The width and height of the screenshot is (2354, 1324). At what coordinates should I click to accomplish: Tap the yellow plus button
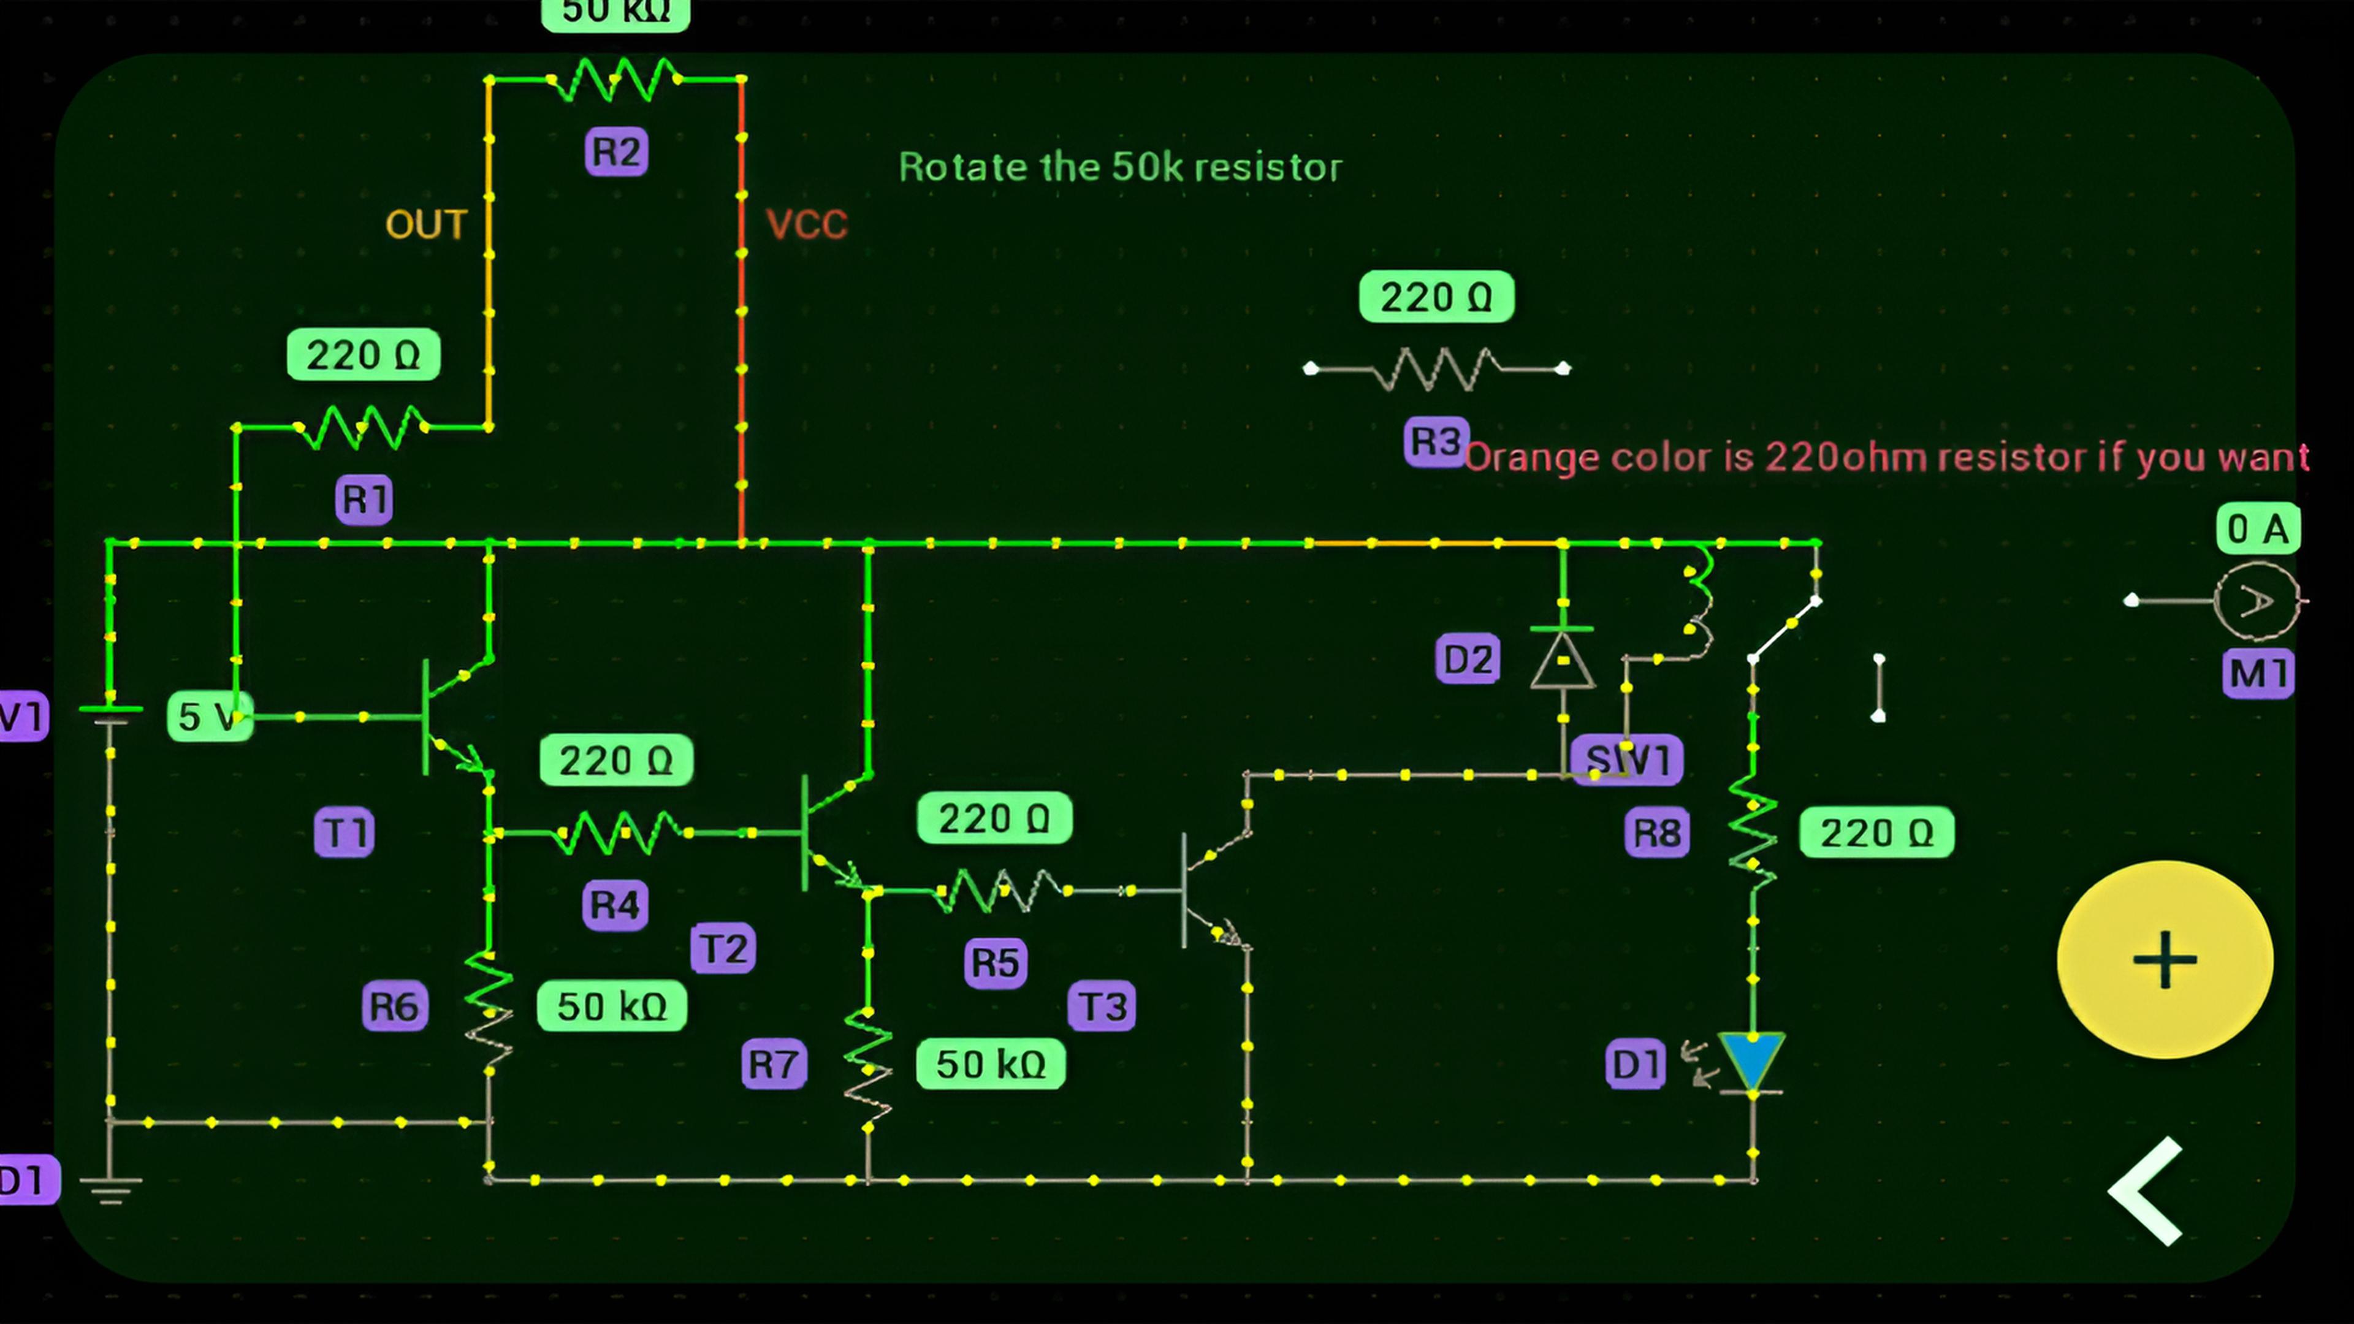(x=2164, y=959)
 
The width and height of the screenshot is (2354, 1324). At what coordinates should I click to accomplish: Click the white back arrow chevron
(x=2147, y=1192)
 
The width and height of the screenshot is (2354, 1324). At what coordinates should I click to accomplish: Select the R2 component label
(x=617, y=151)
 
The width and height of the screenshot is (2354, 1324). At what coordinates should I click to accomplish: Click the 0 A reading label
(x=2257, y=529)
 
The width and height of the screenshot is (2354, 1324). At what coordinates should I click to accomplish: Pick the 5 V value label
(x=209, y=717)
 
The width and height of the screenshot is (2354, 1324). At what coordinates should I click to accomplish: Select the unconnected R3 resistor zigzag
(x=1436, y=368)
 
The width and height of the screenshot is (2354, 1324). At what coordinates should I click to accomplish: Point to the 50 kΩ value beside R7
(x=991, y=1063)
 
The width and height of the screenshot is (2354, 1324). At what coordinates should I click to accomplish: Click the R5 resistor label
(x=995, y=962)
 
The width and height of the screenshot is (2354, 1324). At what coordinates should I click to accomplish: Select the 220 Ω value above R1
(x=363, y=354)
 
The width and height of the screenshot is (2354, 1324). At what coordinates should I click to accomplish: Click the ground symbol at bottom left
(x=110, y=1188)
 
